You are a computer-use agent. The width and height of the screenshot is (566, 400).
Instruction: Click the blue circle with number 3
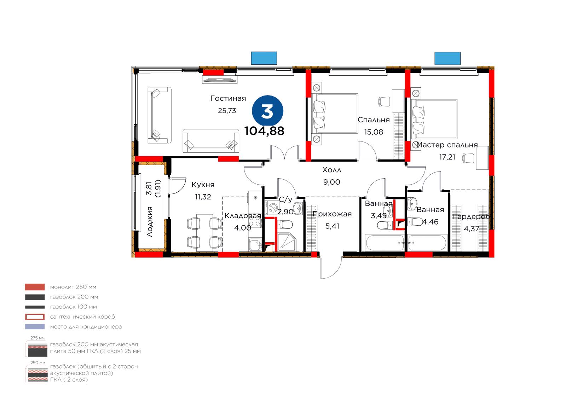(267, 111)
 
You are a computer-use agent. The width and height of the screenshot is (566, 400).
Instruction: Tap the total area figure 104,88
(264, 131)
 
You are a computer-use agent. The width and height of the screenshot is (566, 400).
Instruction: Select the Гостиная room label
(228, 98)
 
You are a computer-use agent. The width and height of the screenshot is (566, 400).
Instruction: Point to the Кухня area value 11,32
(203, 197)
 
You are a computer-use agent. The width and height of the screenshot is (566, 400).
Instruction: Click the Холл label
(331, 170)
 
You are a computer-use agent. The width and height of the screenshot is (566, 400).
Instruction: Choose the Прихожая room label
(332, 214)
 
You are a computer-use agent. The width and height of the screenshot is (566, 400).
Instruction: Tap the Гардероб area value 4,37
(471, 229)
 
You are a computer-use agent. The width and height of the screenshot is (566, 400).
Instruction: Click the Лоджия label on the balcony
(150, 222)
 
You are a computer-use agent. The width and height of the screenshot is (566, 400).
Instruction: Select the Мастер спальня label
(447, 145)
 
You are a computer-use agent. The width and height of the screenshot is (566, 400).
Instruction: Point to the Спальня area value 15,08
(374, 132)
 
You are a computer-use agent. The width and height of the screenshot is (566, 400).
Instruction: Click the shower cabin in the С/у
(287, 242)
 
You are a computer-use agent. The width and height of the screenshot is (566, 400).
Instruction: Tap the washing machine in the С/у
(272, 208)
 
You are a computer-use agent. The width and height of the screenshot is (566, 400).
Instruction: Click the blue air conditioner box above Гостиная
(264, 58)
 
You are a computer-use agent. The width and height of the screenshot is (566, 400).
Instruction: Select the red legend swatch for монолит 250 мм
(35, 287)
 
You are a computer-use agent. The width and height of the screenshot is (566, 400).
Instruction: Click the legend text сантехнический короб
(82, 317)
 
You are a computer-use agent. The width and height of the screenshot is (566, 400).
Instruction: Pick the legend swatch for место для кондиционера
(35, 327)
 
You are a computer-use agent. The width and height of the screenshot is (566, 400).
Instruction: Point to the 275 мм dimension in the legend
(37, 338)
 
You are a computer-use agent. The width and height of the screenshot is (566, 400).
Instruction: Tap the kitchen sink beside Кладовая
(255, 244)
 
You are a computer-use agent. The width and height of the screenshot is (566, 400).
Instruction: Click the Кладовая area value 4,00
(243, 228)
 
